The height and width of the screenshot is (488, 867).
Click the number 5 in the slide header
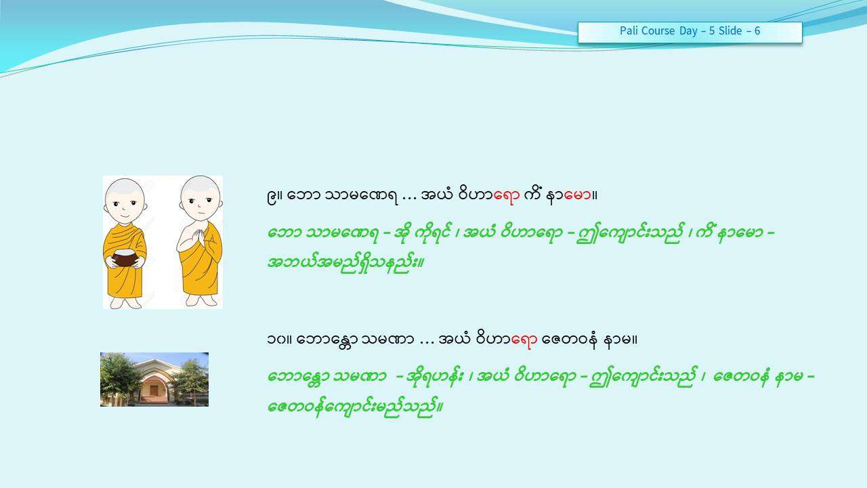tap(712, 30)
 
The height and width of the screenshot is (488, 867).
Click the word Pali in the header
tap(628, 30)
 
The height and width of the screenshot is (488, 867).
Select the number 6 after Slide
tap(757, 30)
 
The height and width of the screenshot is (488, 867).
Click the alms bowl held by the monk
tap(125, 257)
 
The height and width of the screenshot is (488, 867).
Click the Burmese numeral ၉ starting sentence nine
tap(272, 196)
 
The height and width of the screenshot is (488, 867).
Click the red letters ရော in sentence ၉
tap(506, 195)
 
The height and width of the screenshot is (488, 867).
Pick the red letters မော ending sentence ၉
tap(578, 195)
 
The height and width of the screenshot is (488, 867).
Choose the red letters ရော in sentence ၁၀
tap(524, 340)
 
